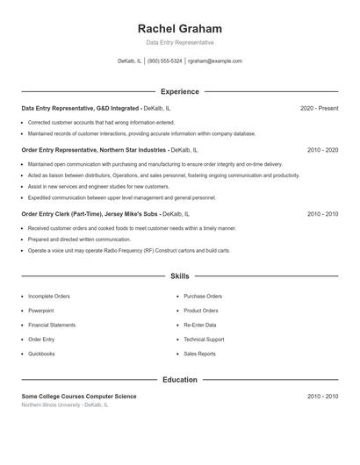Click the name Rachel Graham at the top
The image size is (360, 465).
click(x=180, y=29)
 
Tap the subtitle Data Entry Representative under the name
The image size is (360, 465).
click(x=180, y=42)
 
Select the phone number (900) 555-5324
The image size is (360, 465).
click(x=165, y=61)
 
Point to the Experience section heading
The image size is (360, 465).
click(x=180, y=91)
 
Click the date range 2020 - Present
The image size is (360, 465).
click(x=319, y=108)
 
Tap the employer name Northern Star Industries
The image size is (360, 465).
click(x=133, y=150)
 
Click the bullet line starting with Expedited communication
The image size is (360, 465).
click(x=121, y=197)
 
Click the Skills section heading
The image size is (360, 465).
click(x=180, y=275)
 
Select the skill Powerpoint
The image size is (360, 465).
click(x=40, y=311)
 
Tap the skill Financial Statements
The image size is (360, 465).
click(x=52, y=325)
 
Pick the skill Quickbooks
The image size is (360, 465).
click(x=41, y=354)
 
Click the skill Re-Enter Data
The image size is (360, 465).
click(x=200, y=325)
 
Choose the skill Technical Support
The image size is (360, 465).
click(x=204, y=340)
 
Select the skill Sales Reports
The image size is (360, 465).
click(x=199, y=354)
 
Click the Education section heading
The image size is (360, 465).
click(x=180, y=380)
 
